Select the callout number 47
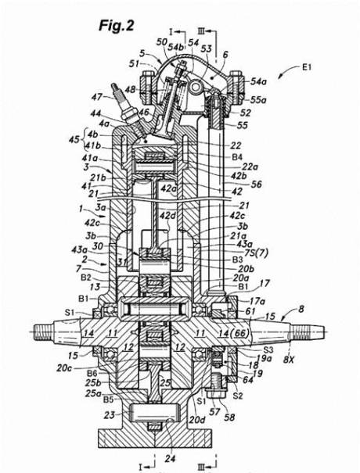point(97,96)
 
